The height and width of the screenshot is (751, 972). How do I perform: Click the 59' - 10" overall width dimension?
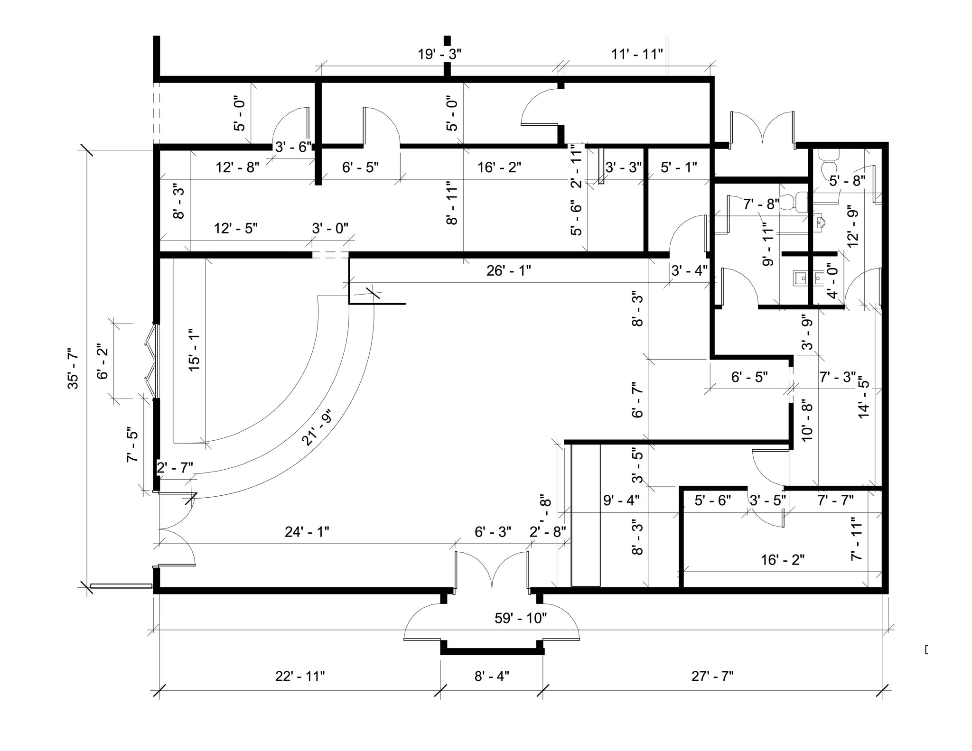pyautogui.click(x=521, y=618)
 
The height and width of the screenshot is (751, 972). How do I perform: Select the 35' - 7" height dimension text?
pyautogui.click(x=74, y=369)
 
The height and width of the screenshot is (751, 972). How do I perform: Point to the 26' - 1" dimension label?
pyautogui.click(x=508, y=271)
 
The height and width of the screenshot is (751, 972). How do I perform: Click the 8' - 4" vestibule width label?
pyautogui.click(x=492, y=676)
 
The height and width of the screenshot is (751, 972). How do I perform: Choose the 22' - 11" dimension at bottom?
pyautogui.click(x=300, y=676)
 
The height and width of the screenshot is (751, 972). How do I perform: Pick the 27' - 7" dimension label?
pyautogui.click(x=712, y=676)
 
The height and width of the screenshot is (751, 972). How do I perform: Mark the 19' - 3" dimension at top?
pyautogui.click(x=439, y=54)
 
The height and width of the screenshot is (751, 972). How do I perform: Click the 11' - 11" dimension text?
pyautogui.click(x=636, y=54)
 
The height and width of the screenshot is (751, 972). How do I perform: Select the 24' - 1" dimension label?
pyautogui.click(x=307, y=532)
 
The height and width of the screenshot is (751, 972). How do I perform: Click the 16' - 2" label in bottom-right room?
pyautogui.click(x=783, y=560)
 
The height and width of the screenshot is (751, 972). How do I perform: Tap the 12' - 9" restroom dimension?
pyautogui.click(x=853, y=225)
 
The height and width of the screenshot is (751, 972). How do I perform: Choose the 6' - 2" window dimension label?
pyautogui.click(x=103, y=362)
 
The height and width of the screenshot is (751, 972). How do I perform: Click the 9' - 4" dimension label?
pyautogui.click(x=621, y=500)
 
